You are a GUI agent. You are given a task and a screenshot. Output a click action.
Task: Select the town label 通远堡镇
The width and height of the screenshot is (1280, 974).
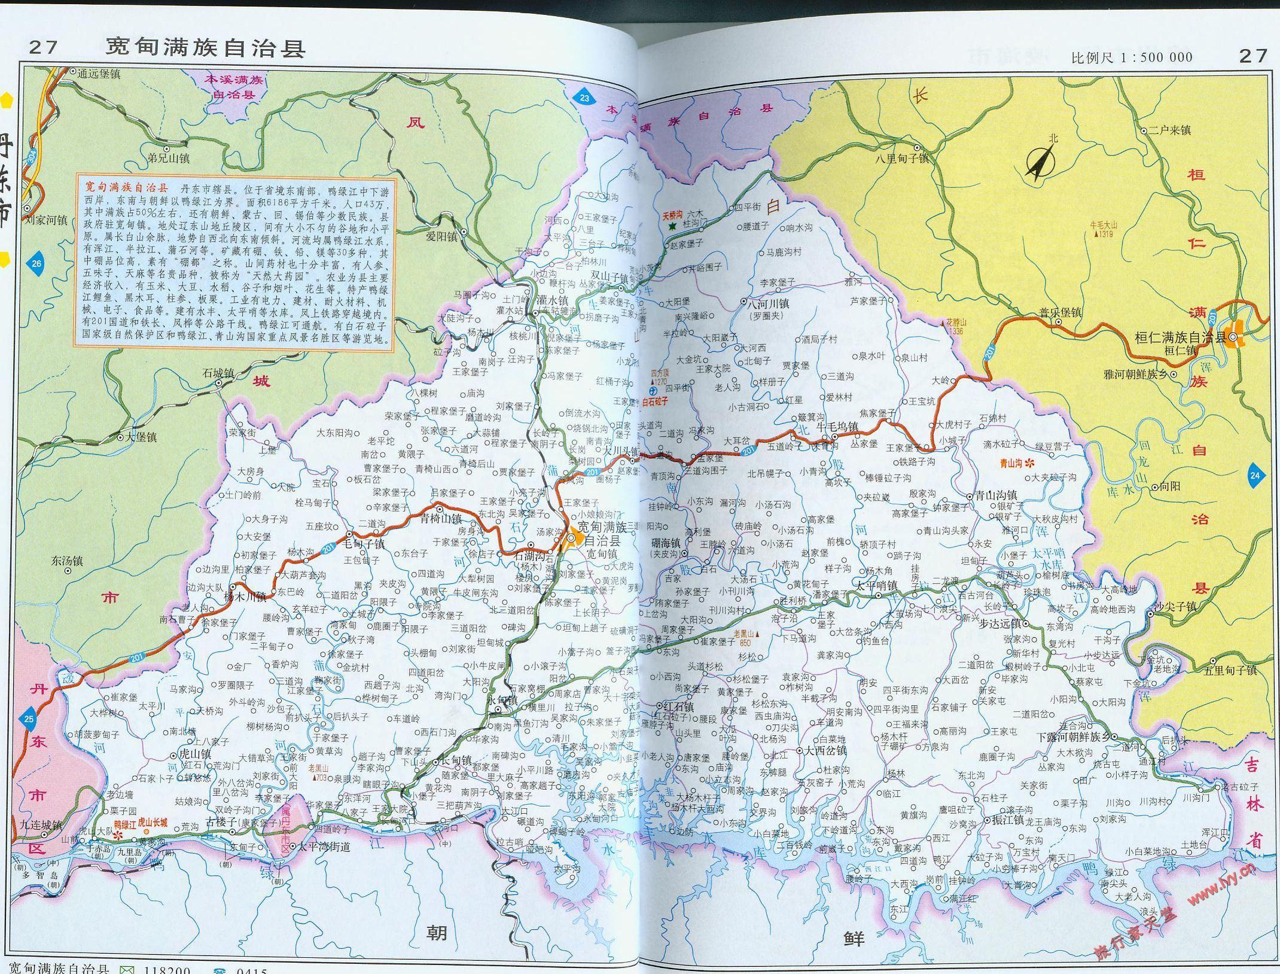[x=99, y=73]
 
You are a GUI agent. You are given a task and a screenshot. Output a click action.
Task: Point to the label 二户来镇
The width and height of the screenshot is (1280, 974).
[x=1170, y=130]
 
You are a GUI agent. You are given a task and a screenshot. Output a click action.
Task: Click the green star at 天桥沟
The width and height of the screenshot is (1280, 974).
[x=672, y=227]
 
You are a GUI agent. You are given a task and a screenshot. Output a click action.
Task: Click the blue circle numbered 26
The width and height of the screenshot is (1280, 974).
[x=36, y=263]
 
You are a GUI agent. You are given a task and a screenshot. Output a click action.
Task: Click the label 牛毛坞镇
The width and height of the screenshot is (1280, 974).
[x=837, y=427]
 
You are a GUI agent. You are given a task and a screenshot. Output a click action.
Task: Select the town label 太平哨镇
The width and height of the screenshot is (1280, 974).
[x=876, y=585]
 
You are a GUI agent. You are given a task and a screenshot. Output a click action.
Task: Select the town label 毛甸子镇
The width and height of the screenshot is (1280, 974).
[x=364, y=544]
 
